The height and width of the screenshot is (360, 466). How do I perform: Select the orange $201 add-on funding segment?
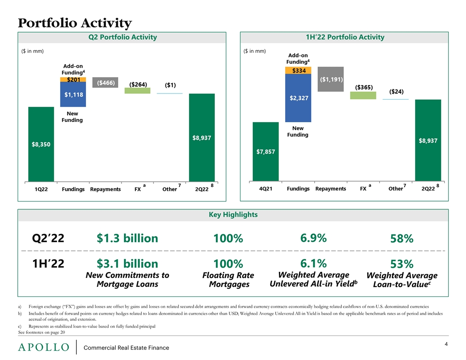coord(73,79)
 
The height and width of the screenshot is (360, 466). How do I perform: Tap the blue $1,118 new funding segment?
coord(73,94)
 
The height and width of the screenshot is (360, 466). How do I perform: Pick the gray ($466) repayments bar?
coord(105,82)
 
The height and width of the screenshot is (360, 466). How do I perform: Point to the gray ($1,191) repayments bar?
coord(331,79)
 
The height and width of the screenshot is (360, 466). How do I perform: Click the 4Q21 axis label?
coord(265,189)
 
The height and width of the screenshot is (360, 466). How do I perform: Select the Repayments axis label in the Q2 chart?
coord(105,189)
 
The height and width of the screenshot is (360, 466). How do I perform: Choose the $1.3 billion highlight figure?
coord(128,238)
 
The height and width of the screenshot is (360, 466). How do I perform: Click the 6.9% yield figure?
coord(313,238)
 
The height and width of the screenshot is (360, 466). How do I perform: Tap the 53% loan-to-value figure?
coord(402,264)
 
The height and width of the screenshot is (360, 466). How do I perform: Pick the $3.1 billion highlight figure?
coord(128,264)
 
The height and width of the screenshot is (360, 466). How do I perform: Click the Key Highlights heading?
coord(233,215)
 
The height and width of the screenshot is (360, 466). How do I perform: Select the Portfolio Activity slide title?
coord(75,22)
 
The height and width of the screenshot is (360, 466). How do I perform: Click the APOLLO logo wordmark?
coord(44,348)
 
